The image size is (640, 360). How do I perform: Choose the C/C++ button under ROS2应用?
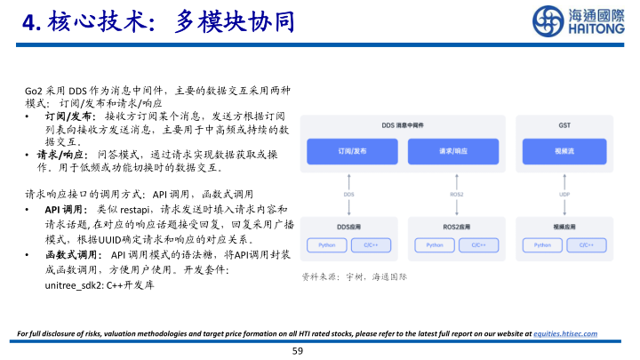[x=478, y=244]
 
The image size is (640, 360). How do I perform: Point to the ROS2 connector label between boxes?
[x=457, y=194]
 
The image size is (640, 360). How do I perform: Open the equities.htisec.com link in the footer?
[x=564, y=333]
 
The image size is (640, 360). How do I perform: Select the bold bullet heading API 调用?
[x=64, y=209]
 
